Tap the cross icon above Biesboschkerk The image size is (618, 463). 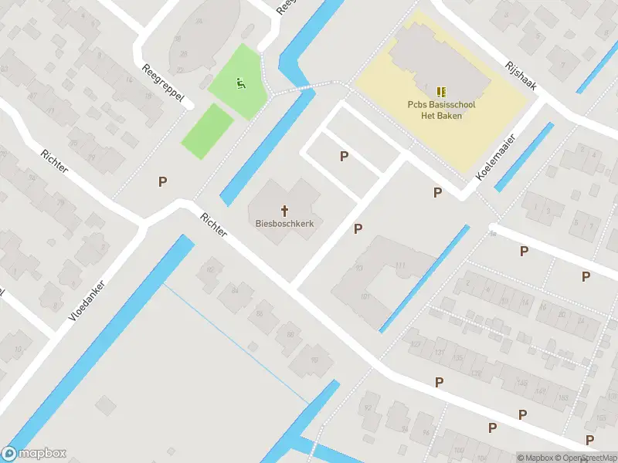coord(284,210)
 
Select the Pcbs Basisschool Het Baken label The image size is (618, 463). coord(441,110)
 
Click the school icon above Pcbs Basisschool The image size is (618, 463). coord(441,93)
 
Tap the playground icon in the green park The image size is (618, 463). coord(240,83)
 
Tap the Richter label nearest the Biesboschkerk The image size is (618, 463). coord(213,225)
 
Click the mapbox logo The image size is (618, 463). coord(35,454)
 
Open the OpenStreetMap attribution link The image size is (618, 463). coord(587,458)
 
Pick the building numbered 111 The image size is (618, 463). coord(400,266)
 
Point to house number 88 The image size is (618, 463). coord(290,334)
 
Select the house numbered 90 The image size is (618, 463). coord(314,360)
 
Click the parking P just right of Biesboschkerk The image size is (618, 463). coord(358,229)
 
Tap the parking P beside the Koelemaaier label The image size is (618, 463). coord(438,193)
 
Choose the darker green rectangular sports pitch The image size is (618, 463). coord(207,131)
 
